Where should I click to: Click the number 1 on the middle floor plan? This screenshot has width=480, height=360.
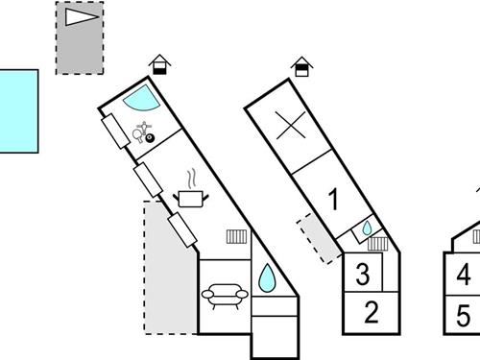pyautogui.click(x=333, y=201)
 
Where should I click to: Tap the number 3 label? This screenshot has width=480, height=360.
pyautogui.click(x=362, y=275)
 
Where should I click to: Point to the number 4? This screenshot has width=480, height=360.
pyautogui.click(x=464, y=276)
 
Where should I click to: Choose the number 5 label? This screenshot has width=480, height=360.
pyautogui.click(x=464, y=314)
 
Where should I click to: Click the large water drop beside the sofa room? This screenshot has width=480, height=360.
pyautogui.click(x=266, y=279)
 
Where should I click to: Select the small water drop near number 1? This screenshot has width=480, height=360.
pyautogui.click(x=367, y=229)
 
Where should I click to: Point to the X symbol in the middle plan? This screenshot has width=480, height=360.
pyautogui.click(x=286, y=126)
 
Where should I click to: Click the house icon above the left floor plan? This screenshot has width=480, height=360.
pyautogui.click(x=162, y=65)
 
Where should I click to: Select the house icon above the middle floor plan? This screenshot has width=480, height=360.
pyautogui.click(x=302, y=66)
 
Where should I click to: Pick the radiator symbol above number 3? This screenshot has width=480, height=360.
pyautogui.click(x=377, y=244)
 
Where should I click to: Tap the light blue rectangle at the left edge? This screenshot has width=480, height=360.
pyautogui.click(x=17, y=109)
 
